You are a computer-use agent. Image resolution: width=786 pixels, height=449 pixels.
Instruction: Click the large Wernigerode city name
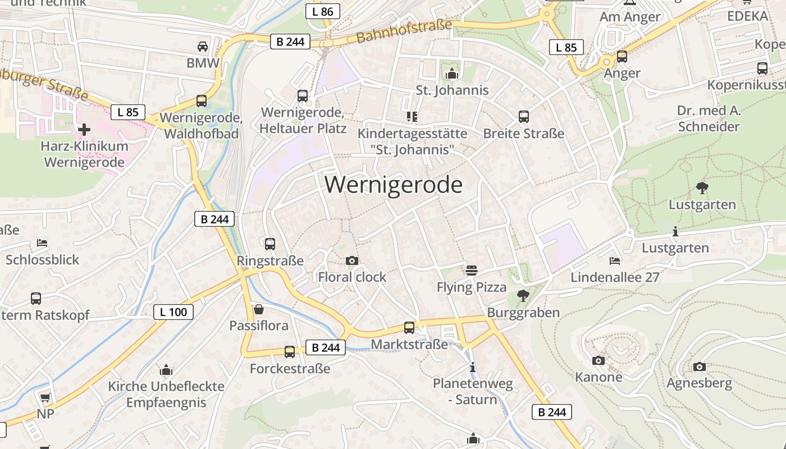pyautogui.click(x=394, y=185)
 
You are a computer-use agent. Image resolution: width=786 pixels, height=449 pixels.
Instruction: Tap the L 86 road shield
pyautogui.click(x=323, y=11)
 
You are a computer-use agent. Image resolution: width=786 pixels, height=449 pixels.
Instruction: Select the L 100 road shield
pyautogui.click(x=173, y=312)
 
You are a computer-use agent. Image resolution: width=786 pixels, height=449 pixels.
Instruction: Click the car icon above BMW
pyautogui.click(x=203, y=46)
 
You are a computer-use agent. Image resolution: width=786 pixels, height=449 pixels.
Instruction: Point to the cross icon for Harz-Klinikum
pyautogui.click(x=84, y=130)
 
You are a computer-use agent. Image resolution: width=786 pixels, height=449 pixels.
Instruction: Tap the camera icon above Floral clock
pyautogui.click(x=352, y=260)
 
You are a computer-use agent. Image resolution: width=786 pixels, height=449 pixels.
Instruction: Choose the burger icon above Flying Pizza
pyautogui.click(x=472, y=271)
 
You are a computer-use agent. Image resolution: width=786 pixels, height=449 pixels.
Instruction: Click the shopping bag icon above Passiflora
pyautogui.click(x=259, y=309)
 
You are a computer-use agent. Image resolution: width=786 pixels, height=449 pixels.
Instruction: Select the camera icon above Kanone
pyautogui.click(x=598, y=360)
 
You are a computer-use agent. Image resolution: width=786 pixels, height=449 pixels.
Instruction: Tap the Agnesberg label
pyautogui.click(x=699, y=383)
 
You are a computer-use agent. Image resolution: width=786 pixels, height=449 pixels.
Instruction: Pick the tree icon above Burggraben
pyautogui.click(x=523, y=295)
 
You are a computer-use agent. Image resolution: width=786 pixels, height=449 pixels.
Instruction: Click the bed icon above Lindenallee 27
pyautogui.click(x=615, y=261)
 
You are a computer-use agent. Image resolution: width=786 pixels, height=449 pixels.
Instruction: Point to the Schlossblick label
pyautogui.click(x=43, y=260)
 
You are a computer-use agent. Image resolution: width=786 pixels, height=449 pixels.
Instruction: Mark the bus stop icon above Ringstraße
pyautogui.click(x=270, y=244)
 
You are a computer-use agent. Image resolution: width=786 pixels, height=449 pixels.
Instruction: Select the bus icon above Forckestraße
pyautogui.click(x=290, y=352)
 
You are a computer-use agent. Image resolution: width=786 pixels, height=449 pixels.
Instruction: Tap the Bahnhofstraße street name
pyautogui.click(x=404, y=31)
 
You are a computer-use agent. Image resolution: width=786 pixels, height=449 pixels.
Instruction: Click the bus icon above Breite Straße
pyautogui.click(x=524, y=117)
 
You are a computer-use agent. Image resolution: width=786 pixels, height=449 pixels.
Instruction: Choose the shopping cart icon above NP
pyautogui.click(x=45, y=397)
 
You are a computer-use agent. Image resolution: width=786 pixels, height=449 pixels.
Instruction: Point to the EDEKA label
pyautogui.click(x=747, y=16)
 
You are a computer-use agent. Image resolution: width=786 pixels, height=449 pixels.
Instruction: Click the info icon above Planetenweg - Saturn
pyautogui.click(x=473, y=368)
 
